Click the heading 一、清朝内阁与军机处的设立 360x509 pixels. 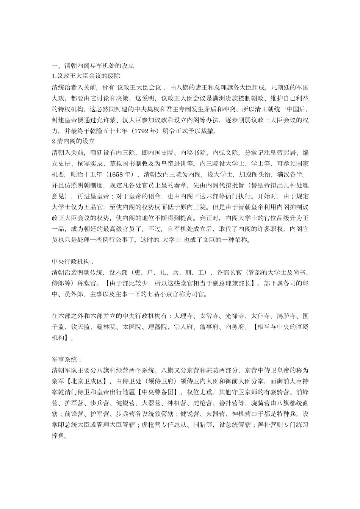[93, 66]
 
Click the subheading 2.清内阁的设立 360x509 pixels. [73, 141]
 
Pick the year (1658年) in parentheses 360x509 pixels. [121, 175]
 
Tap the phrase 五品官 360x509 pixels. [99, 207]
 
